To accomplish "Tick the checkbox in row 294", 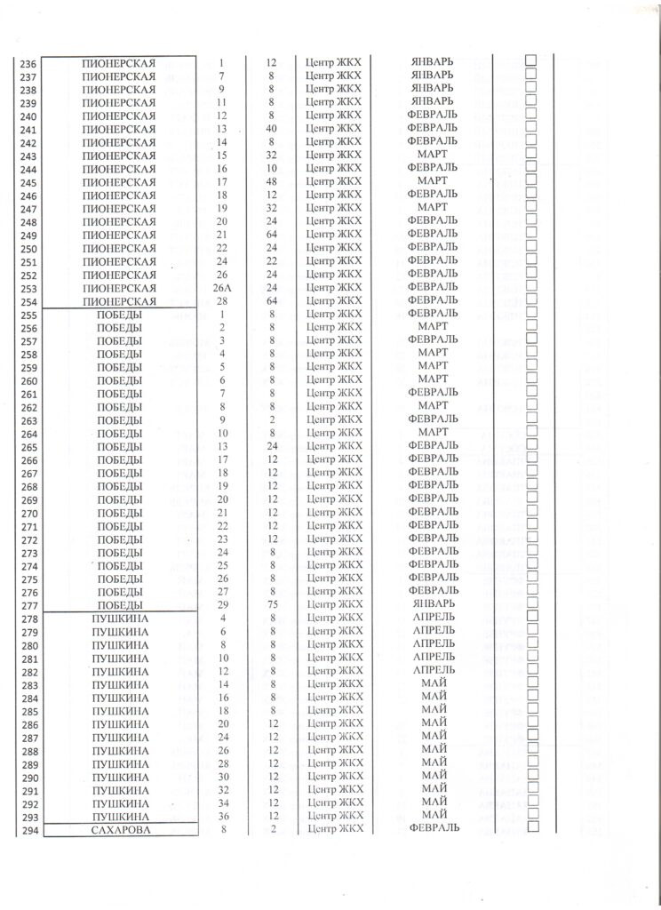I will (533, 826).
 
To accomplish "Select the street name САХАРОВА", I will (118, 829).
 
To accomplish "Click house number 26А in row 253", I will (223, 289).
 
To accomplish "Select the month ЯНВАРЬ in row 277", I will (433, 603).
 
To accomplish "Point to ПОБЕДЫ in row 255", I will (118, 315).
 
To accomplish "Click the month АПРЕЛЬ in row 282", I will (433, 669).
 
